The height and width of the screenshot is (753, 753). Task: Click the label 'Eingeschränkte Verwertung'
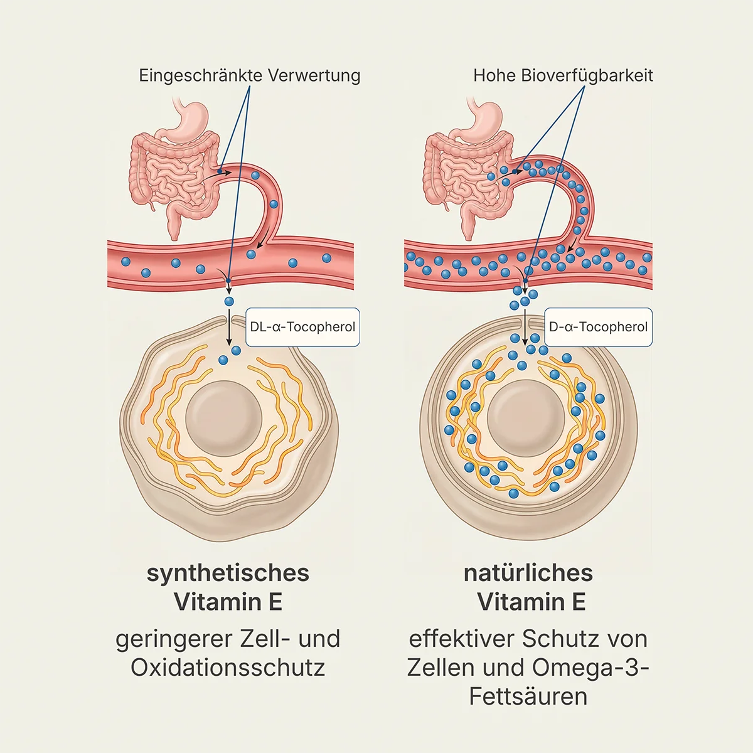(x=249, y=76)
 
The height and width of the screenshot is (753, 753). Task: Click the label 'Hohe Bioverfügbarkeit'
(x=563, y=76)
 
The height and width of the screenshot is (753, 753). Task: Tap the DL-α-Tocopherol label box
(x=302, y=327)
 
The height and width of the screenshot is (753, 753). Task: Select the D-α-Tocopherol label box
(x=598, y=327)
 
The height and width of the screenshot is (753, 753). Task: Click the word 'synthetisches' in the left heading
(x=228, y=573)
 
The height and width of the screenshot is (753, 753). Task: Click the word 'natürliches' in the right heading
(x=528, y=573)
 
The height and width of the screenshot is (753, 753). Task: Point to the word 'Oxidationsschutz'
(x=228, y=667)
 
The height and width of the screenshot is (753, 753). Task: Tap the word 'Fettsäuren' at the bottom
(x=528, y=697)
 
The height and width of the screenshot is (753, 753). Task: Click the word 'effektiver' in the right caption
(x=461, y=639)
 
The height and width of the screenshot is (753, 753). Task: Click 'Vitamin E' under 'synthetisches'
(x=228, y=602)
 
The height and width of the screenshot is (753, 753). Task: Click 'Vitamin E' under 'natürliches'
(x=531, y=602)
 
